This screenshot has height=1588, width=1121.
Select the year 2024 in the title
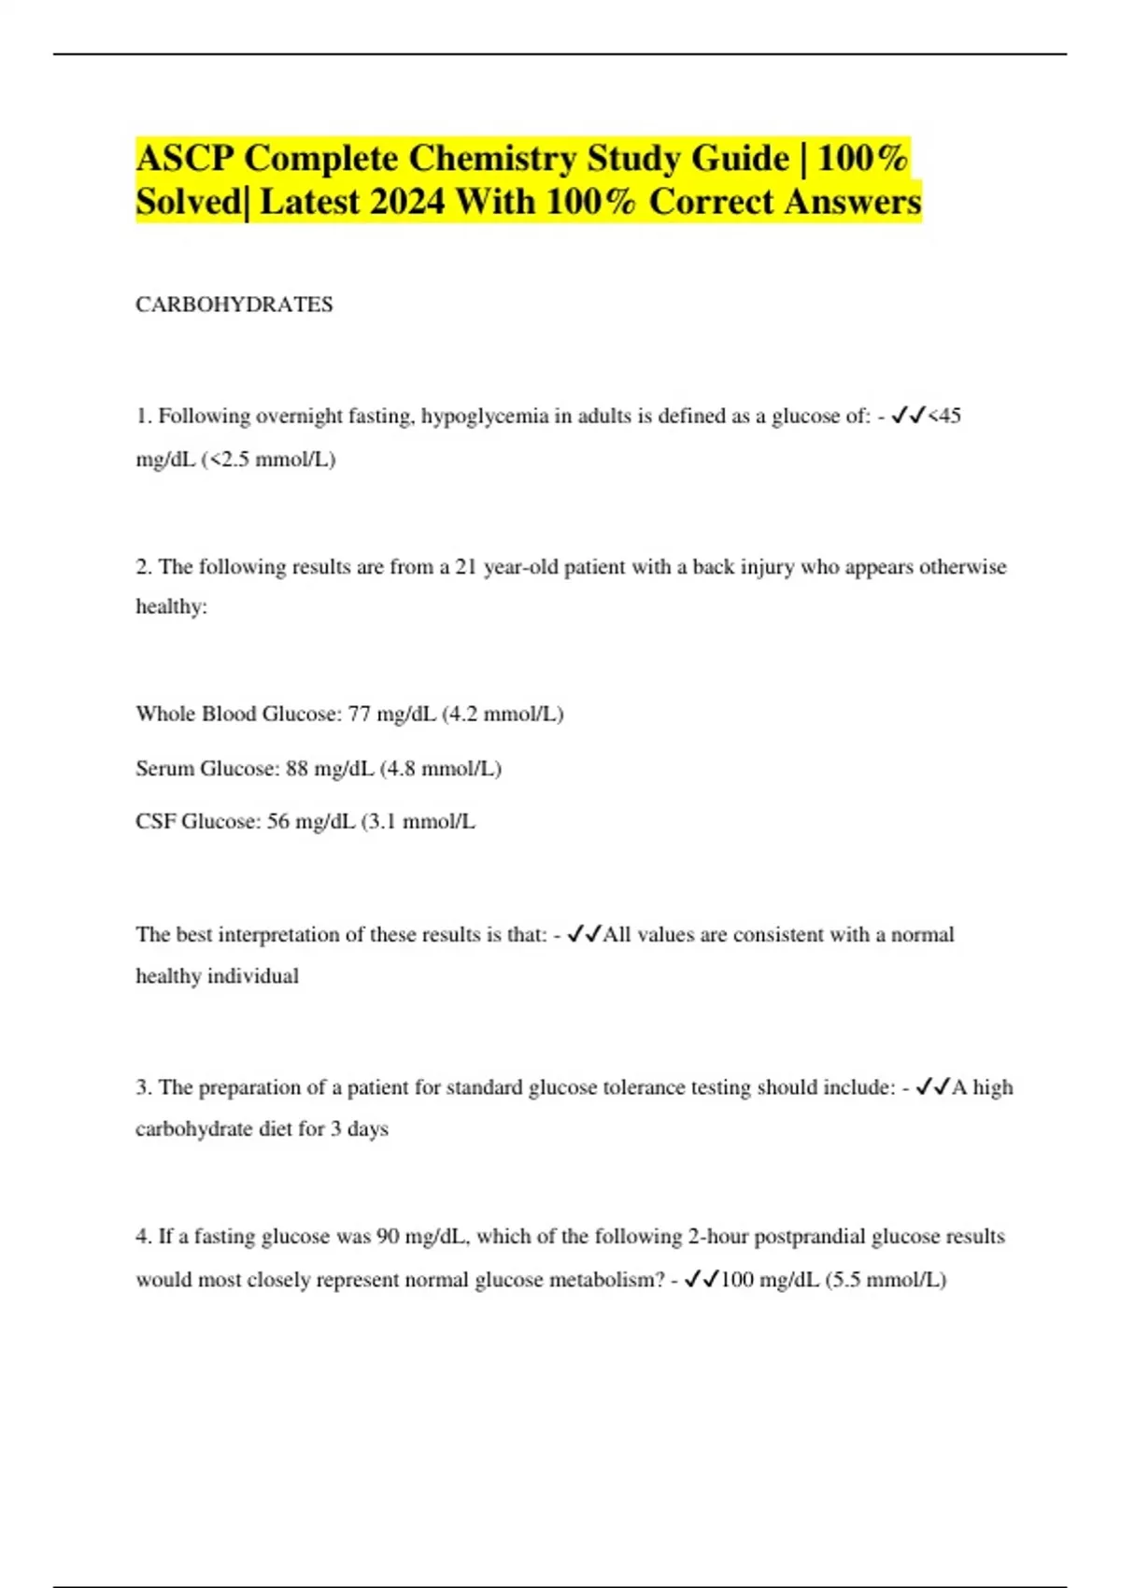click(406, 202)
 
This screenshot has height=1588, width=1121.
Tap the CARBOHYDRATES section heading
click(234, 305)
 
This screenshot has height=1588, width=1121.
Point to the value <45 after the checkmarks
click(944, 416)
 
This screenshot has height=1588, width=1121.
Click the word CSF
click(155, 822)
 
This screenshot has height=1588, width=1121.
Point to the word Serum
click(164, 769)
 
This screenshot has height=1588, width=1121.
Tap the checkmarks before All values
click(584, 934)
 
